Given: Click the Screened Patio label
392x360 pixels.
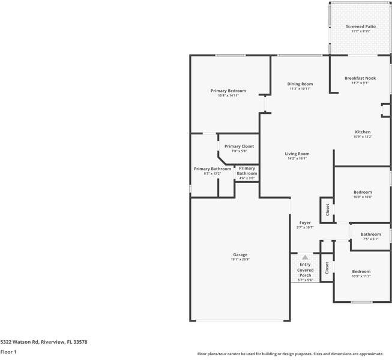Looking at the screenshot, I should click(x=361, y=26).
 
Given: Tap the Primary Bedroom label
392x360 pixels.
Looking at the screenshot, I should click(x=228, y=91).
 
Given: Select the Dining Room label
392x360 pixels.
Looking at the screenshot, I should click(x=300, y=84).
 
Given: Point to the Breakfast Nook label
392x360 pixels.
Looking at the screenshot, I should click(x=360, y=78).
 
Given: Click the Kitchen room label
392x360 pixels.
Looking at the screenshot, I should click(x=363, y=131).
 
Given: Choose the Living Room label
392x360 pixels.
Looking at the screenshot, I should click(x=297, y=154).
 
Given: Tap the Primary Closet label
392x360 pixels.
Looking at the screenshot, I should click(x=239, y=146).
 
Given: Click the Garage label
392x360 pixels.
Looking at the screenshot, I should click(x=240, y=255).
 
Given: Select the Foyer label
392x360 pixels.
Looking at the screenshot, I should click(x=305, y=223).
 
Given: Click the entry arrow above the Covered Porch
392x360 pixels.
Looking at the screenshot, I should click(x=305, y=257).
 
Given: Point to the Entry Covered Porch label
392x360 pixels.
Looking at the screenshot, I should click(x=306, y=270).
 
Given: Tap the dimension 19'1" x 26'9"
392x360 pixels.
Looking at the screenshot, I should click(x=240, y=260).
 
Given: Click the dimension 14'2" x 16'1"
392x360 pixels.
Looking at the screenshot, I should click(x=297, y=158).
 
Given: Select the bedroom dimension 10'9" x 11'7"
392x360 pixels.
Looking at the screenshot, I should click(x=361, y=276).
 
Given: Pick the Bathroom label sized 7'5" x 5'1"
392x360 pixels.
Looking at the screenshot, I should click(x=370, y=234).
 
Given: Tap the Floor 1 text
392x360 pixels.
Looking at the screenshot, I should click(x=8, y=352).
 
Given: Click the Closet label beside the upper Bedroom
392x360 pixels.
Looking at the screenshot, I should click(x=327, y=209).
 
